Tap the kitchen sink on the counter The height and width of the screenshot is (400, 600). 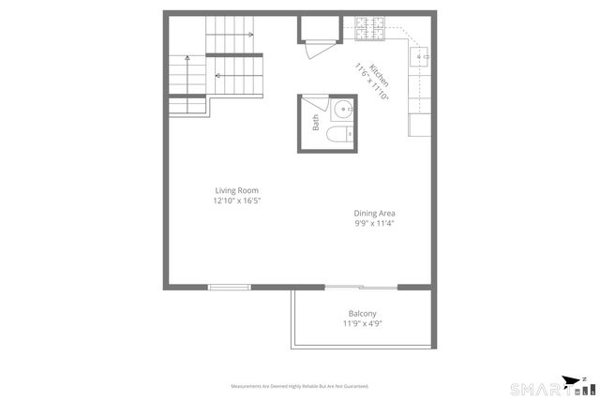(420, 57)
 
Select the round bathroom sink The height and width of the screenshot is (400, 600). (342, 110)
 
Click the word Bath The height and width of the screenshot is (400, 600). (316, 122)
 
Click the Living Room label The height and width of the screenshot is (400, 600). (236, 190)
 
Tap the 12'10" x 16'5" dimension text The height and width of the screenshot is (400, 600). (236, 200)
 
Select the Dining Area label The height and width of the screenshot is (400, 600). (374, 213)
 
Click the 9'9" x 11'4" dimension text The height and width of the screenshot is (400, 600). (374, 223)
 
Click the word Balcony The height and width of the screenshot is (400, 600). (362, 314)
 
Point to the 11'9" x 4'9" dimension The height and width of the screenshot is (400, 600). (362, 324)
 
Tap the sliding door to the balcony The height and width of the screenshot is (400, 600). (362, 287)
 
